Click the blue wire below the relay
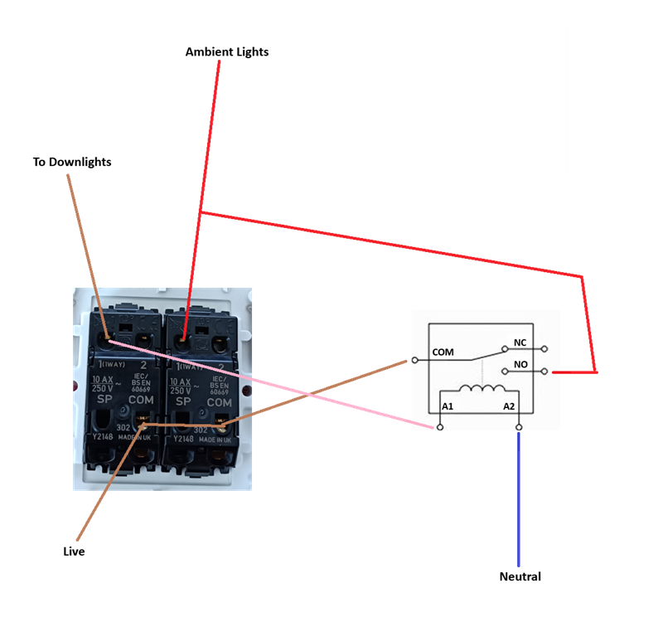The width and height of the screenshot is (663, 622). pos(518,498)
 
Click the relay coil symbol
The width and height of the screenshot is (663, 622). pos(481,389)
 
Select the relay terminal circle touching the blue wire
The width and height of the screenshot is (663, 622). pos(519,427)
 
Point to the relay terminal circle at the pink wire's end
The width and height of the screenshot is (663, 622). pos(440,427)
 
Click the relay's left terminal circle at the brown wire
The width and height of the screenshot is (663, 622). pos(414,360)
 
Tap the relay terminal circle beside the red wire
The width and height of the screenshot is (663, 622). pos(544,372)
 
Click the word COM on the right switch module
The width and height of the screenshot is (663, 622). pos(219,402)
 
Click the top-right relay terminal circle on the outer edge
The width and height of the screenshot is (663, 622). pos(544,349)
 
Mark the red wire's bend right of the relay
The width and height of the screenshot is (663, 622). pos(595,372)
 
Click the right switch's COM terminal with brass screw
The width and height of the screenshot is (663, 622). pos(221,425)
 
